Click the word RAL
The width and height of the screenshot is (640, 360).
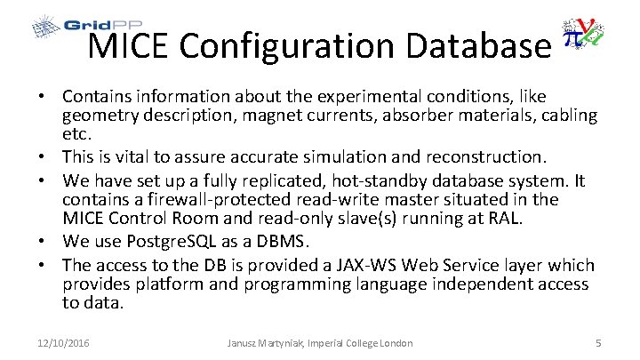[535, 219]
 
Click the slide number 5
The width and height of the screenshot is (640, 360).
[598, 343]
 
